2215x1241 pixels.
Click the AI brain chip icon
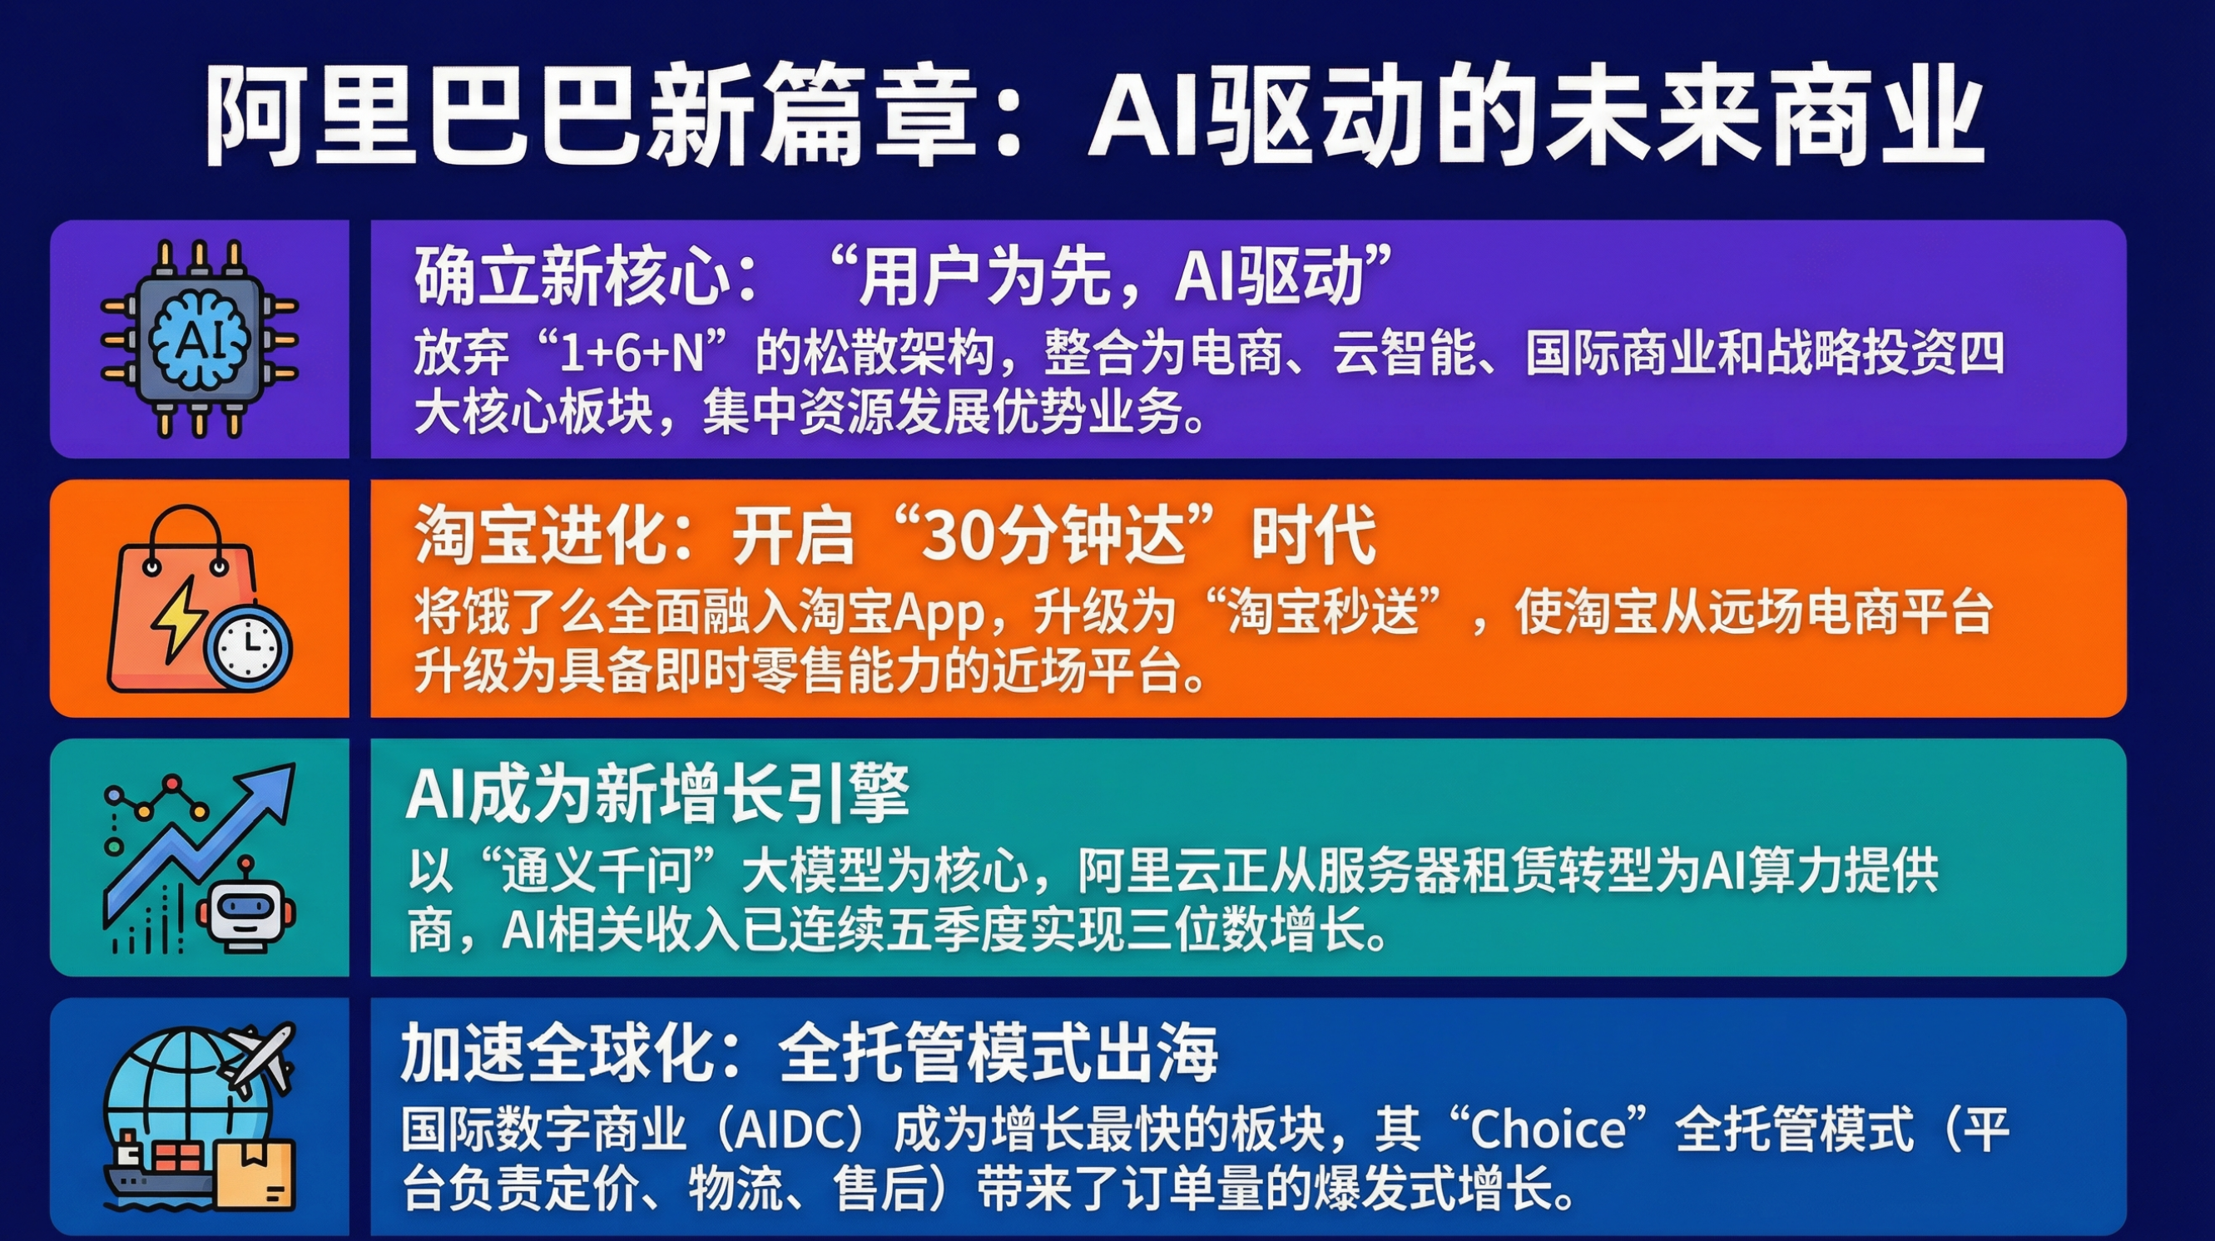tap(200, 339)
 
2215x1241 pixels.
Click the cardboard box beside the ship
tap(255, 1174)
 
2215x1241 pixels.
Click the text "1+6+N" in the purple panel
tap(632, 354)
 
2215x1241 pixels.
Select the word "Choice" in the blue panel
tap(1548, 1129)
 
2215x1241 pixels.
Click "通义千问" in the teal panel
tap(597, 872)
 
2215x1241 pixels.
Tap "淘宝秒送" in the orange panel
tap(1323, 613)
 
